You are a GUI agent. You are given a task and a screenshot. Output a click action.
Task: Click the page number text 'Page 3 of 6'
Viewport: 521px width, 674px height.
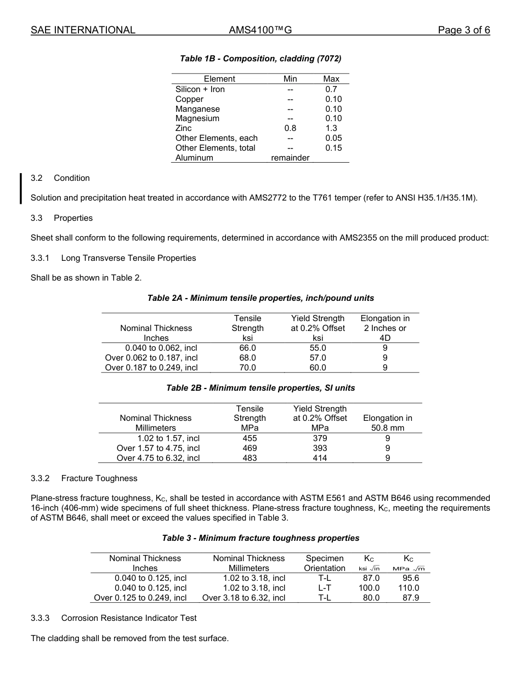point(463,31)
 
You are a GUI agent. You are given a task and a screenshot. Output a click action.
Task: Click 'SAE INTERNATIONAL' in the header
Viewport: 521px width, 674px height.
point(83,31)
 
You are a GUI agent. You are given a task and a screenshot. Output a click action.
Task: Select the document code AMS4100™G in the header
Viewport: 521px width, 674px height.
point(260,31)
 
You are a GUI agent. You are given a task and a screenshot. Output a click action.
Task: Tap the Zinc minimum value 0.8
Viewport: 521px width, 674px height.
point(290,128)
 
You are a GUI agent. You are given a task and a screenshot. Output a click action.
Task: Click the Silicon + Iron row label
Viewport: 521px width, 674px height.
point(200,89)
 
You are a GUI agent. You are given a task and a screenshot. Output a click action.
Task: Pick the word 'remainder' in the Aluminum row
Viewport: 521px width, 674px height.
point(290,158)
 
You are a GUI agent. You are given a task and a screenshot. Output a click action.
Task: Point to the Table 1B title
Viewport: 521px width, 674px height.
point(260,59)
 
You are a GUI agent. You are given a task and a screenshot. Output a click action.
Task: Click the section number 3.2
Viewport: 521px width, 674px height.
point(37,178)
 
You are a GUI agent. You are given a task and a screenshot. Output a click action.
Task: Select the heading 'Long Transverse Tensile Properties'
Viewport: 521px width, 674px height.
point(128,258)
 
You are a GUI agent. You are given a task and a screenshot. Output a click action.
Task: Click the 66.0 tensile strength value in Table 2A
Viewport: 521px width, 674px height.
point(248,348)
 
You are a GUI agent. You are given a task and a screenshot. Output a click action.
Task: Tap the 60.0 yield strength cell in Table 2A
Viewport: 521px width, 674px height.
point(318,368)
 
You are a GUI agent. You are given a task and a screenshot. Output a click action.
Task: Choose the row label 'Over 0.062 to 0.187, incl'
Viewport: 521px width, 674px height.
point(151,358)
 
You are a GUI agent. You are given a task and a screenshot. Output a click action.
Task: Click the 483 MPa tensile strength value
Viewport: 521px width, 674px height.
point(250,458)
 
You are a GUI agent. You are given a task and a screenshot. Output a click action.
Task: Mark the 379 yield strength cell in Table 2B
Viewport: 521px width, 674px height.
point(320,438)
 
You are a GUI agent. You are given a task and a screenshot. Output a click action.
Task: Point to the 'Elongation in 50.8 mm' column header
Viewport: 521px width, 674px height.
point(388,423)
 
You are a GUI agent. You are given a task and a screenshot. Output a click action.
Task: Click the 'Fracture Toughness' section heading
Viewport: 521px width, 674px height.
point(99,478)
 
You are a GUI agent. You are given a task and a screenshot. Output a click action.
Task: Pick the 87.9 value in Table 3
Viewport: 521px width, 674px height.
point(411,598)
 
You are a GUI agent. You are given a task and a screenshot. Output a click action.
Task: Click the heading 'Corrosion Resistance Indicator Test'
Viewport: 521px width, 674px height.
point(129,618)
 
